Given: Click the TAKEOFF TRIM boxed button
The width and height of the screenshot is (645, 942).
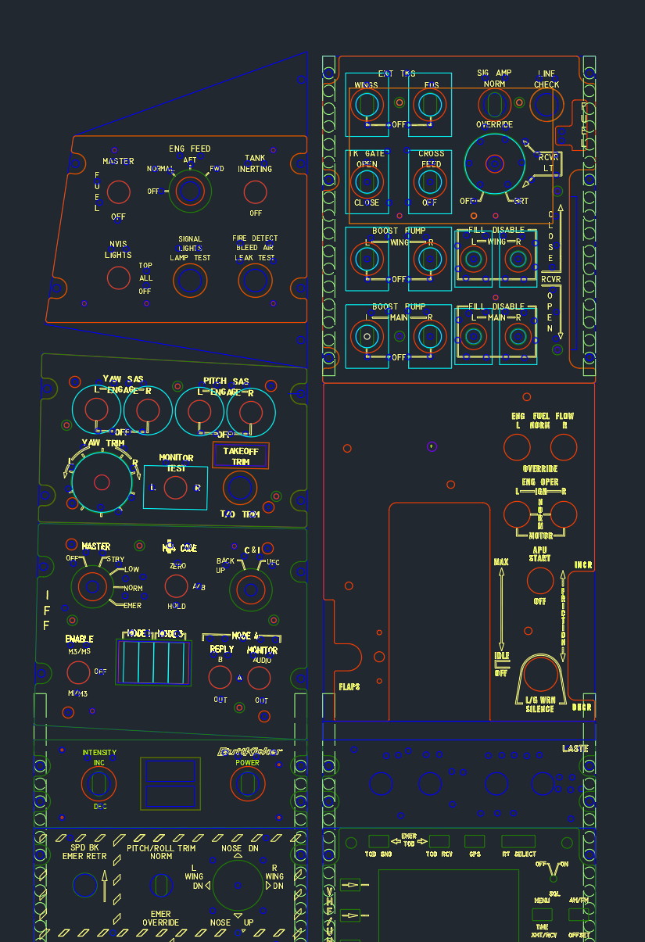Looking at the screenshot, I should [241, 456].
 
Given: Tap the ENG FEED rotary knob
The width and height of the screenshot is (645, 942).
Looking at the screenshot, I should [189, 191].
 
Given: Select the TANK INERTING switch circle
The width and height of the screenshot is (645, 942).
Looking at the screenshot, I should [255, 192].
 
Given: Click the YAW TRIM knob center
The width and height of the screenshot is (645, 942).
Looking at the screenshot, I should [102, 482].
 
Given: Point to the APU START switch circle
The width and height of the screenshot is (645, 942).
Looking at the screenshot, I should [539, 581].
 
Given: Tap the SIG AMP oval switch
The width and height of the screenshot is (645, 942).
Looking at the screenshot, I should [494, 104].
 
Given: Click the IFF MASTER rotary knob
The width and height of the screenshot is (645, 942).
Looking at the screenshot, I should [92, 586].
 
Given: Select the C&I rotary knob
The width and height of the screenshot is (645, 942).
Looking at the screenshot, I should [250, 589].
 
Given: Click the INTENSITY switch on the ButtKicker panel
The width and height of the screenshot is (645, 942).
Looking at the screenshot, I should [99, 783].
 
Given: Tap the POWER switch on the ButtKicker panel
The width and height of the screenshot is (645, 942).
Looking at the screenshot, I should [248, 783].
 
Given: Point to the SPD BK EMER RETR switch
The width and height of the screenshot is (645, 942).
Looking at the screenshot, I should [85, 885].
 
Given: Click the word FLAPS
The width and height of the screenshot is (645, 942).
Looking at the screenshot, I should [349, 687].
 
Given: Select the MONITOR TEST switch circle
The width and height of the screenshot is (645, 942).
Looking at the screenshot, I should [176, 488].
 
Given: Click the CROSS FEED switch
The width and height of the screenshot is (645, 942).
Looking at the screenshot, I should [429, 181].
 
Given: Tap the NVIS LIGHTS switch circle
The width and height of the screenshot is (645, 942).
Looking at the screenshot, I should [119, 278].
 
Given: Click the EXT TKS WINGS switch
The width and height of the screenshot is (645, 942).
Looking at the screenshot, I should [366, 104].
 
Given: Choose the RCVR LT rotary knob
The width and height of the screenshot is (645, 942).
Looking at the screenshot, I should [494, 163].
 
